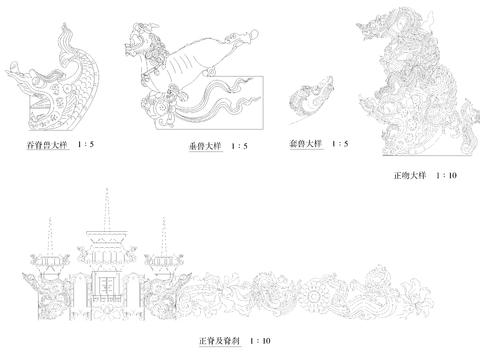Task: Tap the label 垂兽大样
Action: pyautogui.click(x=204, y=147)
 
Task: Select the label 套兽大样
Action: pyautogui.click(x=307, y=144)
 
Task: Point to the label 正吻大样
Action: pyautogui.click(x=409, y=175)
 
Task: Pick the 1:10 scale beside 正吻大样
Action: pyautogui.click(x=446, y=175)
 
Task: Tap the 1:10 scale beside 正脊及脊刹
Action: pyautogui.click(x=260, y=340)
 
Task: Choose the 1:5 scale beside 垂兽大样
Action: pyautogui.click(x=239, y=147)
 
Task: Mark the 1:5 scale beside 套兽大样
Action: pyautogui.click(x=340, y=144)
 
